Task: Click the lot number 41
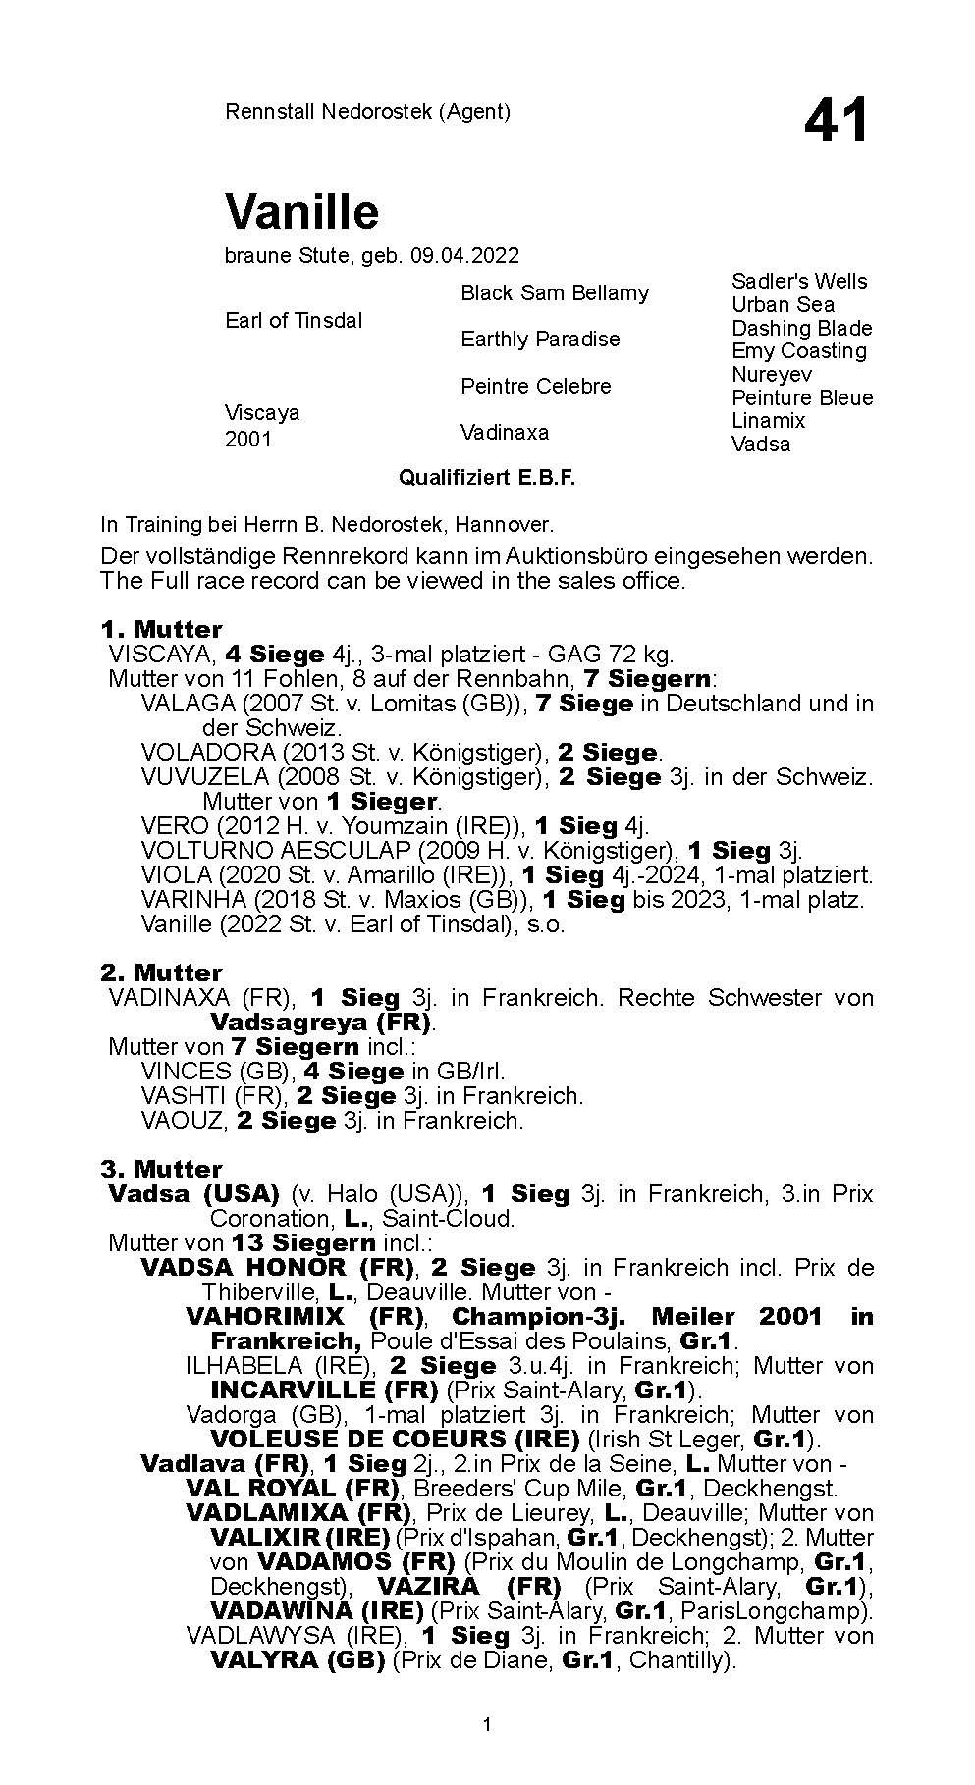tap(836, 121)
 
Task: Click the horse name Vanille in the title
tap(301, 211)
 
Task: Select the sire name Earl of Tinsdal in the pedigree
tap(294, 321)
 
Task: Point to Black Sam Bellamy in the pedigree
tap(555, 293)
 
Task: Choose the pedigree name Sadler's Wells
tap(799, 282)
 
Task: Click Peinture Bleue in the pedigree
tap(801, 397)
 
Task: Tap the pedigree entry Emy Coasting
tap(798, 351)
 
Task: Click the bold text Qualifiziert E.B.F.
tap(486, 478)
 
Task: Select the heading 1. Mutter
tap(161, 629)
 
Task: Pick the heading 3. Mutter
tap(161, 1169)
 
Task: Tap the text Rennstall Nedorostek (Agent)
tap(367, 112)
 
